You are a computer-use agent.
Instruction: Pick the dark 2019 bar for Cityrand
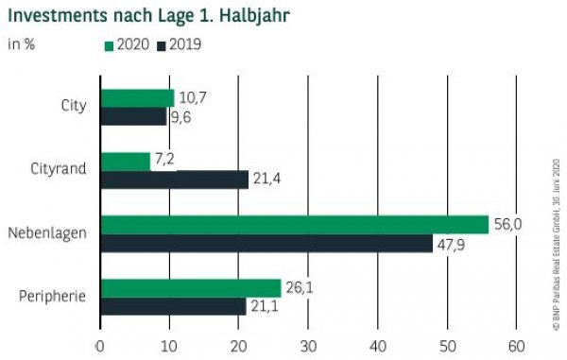[175, 180]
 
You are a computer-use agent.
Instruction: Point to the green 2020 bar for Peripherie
[191, 287]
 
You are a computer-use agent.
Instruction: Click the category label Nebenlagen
[48, 232]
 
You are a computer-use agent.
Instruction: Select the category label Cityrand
[59, 170]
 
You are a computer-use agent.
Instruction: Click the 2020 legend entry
[129, 44]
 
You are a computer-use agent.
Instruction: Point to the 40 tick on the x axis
[378, 344]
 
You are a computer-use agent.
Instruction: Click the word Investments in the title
[61, 16]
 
